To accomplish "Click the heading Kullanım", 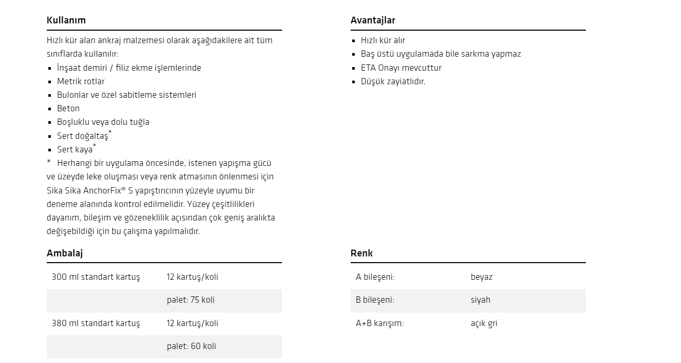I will point(66,20).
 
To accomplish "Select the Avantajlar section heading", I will point(372,20).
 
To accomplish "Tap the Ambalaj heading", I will point(64,253).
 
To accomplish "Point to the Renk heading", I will point(362,253).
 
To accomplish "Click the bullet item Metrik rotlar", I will point(81,81).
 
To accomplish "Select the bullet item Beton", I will point(68,108).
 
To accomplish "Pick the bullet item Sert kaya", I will point(75,149).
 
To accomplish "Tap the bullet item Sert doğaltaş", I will point(83,136).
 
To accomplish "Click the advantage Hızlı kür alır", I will point(383,41).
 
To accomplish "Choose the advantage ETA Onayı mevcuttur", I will point(401,68).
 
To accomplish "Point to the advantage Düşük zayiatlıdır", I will point(393,81).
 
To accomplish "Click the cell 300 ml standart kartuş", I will point(96,277).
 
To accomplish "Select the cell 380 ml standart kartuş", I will point(96,323).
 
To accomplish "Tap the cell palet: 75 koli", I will point(190,300).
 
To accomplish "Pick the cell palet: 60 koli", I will point(191,346).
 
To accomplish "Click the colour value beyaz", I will point(481,277).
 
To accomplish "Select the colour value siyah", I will point(480,300).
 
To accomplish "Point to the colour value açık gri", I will point(484,323).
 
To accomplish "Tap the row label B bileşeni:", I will point(375,300).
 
